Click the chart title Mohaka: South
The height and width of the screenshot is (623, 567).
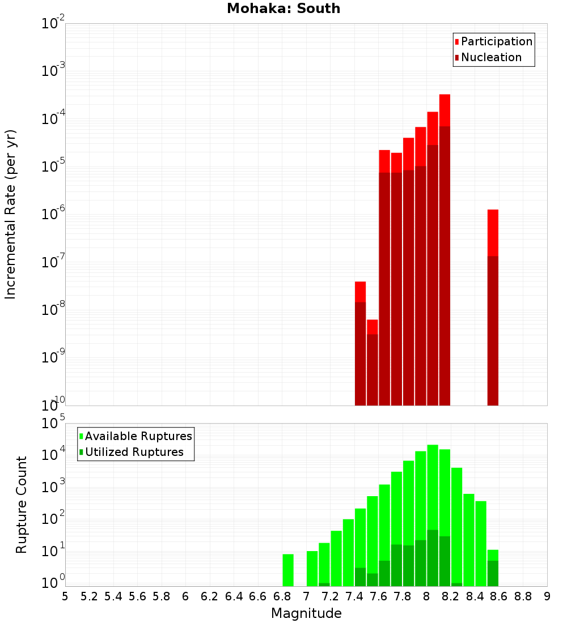[x=283, y=8]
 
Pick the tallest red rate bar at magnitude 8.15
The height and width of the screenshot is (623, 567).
[x=445, y=249]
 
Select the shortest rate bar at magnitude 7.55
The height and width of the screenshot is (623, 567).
[x=372, y=362]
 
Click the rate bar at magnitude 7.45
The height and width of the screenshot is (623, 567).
[x=360, y=343]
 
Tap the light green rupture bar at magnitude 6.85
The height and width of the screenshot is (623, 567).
[x=288, y=570]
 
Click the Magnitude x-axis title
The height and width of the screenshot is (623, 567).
[x=306, y=613]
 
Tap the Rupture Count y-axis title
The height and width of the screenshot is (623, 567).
[x=22, y=504]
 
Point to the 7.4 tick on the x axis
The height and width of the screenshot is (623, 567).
[x=354, y=596]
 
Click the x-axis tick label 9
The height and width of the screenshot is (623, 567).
[x=547, y=596]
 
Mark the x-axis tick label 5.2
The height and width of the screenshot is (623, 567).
[x=89, y=596]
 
